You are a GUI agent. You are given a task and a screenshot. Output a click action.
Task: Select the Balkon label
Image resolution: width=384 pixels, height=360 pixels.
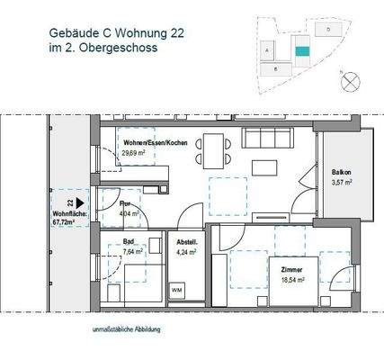pyautogui.click(x=340, y=172)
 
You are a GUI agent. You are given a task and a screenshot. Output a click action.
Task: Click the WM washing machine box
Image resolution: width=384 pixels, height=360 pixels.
pyautogui.click(x=176, y=290)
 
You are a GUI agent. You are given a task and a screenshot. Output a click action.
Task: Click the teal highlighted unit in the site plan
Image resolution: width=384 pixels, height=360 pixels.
pyautogui.click(x=303, y=54)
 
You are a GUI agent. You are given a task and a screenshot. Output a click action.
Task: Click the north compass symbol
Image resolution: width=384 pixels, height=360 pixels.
pyautogui.click(x=349, y=79)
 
